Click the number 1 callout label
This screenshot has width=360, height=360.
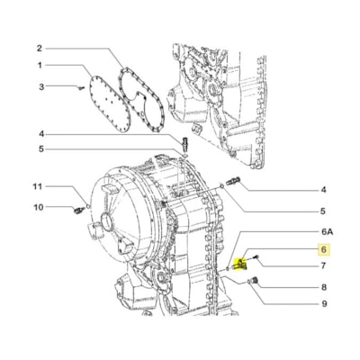coord(40,66)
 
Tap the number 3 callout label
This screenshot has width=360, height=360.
coord(40,85)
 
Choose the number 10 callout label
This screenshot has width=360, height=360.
coord(39,207)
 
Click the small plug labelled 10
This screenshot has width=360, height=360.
coord(79,210)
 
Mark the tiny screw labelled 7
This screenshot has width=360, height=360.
coord(258,258)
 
